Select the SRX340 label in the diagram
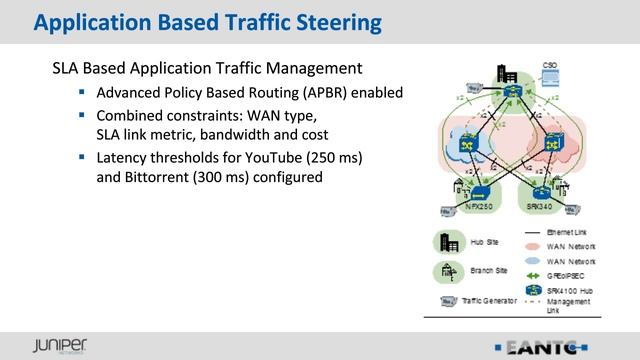pos(540,205)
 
